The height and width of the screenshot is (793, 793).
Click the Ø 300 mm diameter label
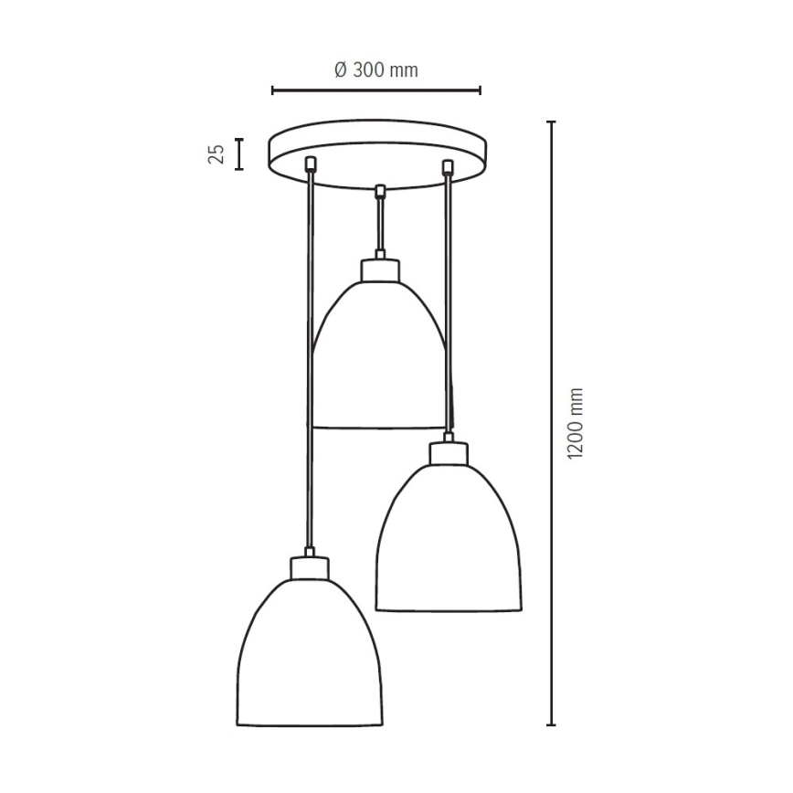pos(375,70)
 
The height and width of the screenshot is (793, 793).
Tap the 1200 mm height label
pos(575,423)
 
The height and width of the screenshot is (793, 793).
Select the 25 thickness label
pos(217,153)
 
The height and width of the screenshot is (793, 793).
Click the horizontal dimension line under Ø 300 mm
pos(375,90)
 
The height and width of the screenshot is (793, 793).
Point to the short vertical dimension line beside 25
pos(239,153)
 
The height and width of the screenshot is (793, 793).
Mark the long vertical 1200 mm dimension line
pos(551,423)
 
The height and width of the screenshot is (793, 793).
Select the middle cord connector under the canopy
pos(379,191)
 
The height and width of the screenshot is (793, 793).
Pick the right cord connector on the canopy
pos(447,166)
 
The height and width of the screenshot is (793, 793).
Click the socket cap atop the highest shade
pos(379,270)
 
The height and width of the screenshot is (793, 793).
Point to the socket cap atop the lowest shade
pos(310,567)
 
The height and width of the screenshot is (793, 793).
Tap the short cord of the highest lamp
pos(379,224)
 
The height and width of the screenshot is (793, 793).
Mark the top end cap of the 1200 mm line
pos(551,122)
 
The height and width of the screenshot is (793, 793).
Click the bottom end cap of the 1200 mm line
pos(551,724)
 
